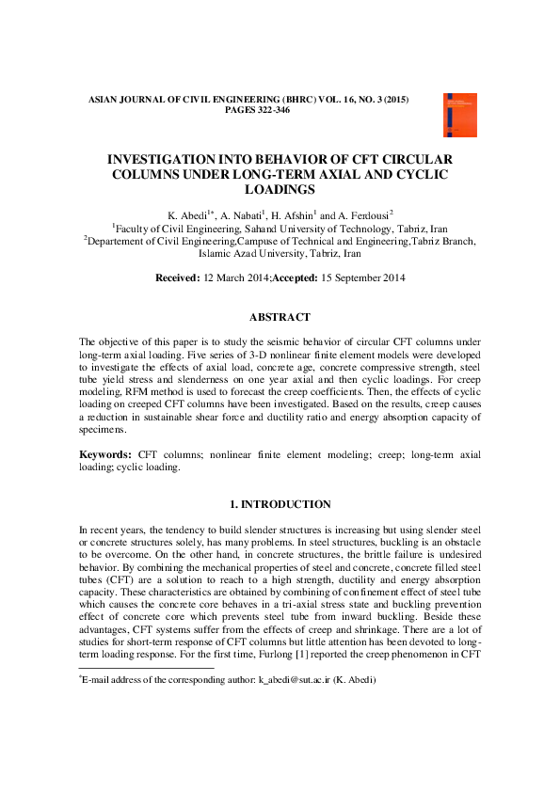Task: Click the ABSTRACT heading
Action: pyautogui.click(x=280, y=317)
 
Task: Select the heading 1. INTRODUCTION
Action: pyautogui.click(x=280, y=504)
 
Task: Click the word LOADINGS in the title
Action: pyautogui.click(x=280, y=189)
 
